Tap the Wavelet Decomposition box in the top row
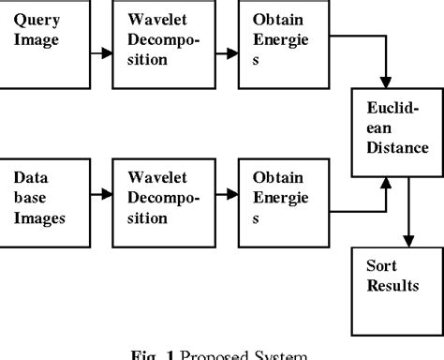[x=157, y=43]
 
